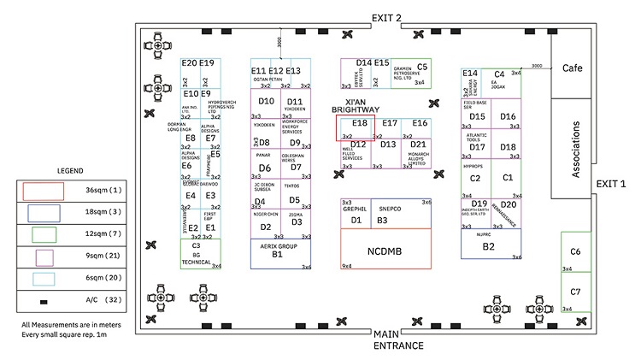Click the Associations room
574,150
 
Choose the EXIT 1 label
610,183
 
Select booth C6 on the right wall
575,252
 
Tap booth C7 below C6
575,292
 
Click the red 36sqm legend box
41,191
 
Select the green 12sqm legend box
41,234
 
